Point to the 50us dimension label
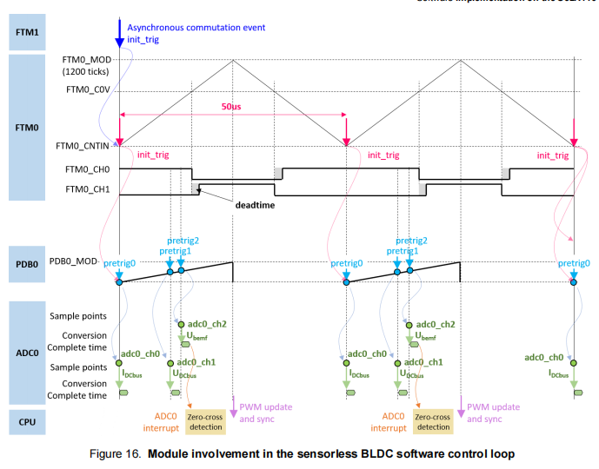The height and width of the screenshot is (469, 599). [x=232, y=105]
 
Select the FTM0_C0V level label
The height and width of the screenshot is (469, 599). [x=87, y=89]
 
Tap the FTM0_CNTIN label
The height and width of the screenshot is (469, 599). [x=84, y=146]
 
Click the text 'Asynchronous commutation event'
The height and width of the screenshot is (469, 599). [x=196, y=28]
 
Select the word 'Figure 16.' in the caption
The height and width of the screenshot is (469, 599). [x=116, y=454]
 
